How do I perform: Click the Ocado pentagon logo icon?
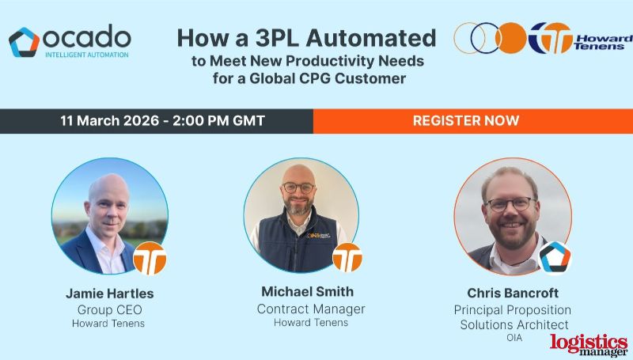point(25,42)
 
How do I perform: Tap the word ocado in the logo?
point(87,36)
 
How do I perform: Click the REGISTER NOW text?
point(466,121)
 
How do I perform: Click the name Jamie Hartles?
point(109,294)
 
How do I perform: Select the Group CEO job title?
point(109,309)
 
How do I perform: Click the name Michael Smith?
point(307,292)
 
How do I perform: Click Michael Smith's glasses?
point(298,188)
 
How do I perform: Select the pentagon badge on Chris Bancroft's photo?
point(555,257)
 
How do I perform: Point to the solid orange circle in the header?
point(511,37)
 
